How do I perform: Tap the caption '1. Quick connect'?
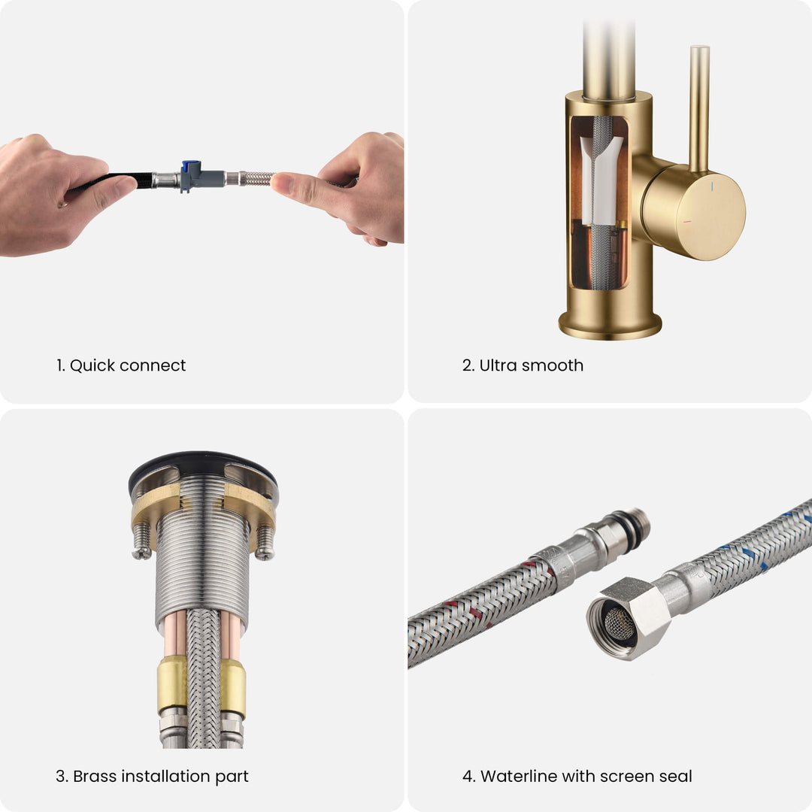click(x=120, y=365)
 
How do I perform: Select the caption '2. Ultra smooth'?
click(x=523, y=365)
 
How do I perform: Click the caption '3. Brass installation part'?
click(x=152, y=776)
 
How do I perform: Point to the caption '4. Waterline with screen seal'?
click(x=577, y=776)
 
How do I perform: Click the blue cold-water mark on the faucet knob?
click(x=712, y=186)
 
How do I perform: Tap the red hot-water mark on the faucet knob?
click(x=686, y=222)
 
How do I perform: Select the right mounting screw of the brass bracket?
click(x=265, y=544)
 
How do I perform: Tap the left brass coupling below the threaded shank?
click(x=172, y=685)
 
